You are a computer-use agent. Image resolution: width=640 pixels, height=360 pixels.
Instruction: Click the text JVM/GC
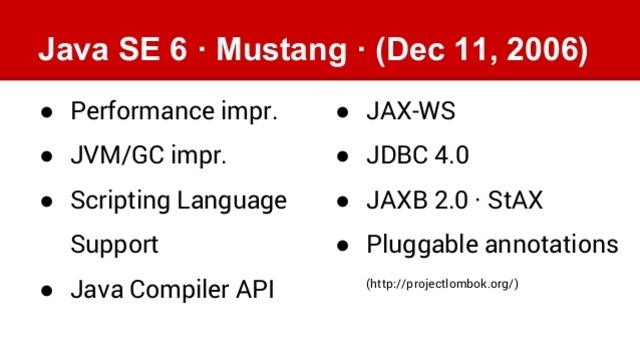[109, 156]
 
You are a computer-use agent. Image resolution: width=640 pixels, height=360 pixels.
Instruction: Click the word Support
[114, 245]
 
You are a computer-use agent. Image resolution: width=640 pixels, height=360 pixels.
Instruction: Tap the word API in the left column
[253, 290]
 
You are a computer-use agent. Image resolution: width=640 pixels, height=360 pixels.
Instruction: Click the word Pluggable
[419, 245]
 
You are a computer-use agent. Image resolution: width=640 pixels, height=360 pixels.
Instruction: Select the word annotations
[548, 245]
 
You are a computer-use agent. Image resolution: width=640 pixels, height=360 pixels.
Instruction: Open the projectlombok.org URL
[443, 285]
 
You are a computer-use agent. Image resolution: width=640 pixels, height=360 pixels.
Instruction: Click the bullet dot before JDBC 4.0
[342, 156]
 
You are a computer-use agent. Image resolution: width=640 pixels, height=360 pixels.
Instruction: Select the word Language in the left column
[230, 201]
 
